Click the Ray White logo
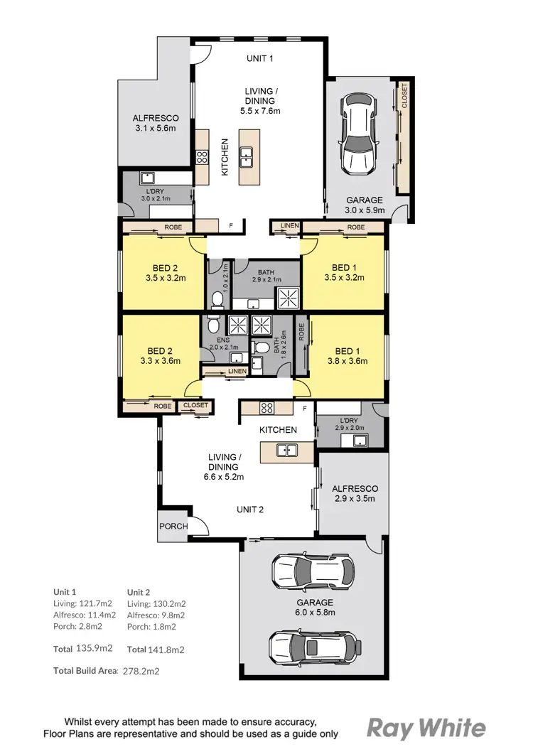tap(426, 728)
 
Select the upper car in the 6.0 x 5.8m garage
tap(313, 571)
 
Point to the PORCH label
tap(173, 527)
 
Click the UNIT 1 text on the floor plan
tap(260, 58)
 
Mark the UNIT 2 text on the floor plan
tap(250, 509)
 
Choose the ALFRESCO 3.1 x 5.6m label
tap(155, 123)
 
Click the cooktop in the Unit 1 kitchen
tap(202, 157)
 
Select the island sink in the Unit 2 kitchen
tap(287, 449)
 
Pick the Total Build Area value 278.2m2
tap(141, 670)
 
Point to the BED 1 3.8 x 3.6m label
tap(348, 356)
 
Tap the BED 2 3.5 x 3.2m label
tap(166, 273)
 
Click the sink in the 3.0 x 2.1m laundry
tap(149, 178)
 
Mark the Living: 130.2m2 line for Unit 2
tap(156, 603)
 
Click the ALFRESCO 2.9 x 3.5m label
tap(355, 493)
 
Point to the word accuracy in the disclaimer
tap(296, 719)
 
